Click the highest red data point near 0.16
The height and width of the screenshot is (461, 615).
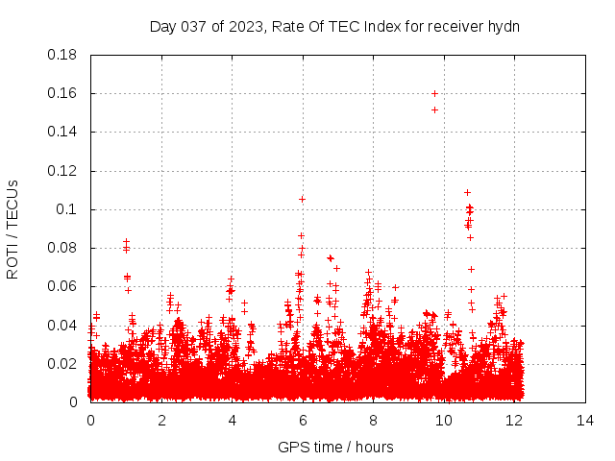pyautogui.click(x=434, y=93)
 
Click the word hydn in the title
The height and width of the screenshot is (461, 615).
pyautogui.click(x=503, y=27)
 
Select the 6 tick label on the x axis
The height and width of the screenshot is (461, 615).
pyautogui.click(x=303, y=420)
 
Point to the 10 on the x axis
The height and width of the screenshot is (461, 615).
pyautogui.click(x=444, y=420)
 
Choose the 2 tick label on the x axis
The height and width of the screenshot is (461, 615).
pyautogui.click(x=161, y=420)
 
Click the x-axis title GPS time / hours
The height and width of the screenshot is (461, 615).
pyautogui.click(x=335, y=447)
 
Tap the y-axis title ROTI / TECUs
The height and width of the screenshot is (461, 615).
pyautogui.click(x=12, y=229)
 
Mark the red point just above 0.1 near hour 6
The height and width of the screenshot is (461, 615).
pyautogui.click(x=302, y=199)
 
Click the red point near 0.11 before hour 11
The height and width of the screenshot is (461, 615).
pyautogui.click(x=467, y=192)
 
